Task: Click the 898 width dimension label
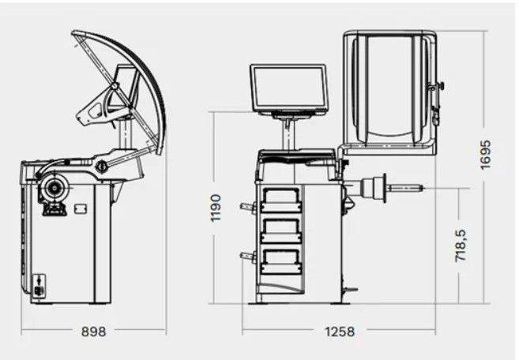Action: [94, 332]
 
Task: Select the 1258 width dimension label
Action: [340, 332]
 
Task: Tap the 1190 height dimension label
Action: [216, 208]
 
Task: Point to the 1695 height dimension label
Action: [486, 155]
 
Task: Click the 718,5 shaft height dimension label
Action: [461, 246]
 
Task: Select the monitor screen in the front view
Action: [288, 88]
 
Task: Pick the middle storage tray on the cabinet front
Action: [281, 231]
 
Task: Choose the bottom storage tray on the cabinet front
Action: [281, 260]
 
